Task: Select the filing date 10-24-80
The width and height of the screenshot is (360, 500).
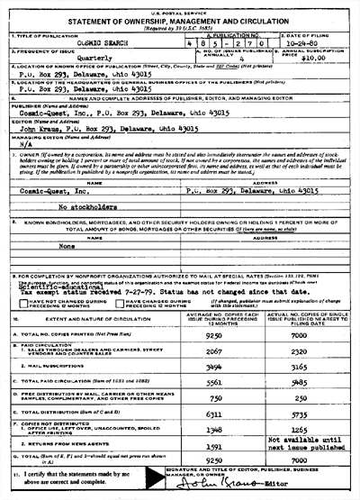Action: [316, 43]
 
